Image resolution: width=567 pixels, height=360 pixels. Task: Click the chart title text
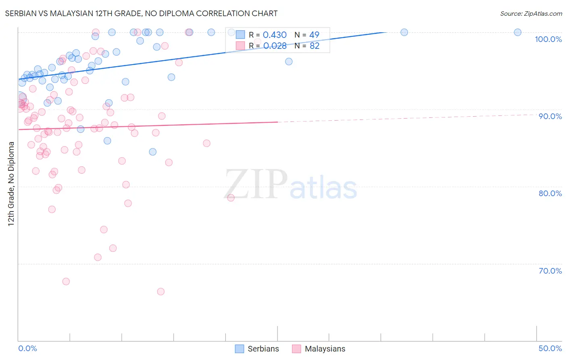[x=141, y=13]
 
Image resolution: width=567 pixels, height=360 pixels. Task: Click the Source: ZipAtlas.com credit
[x=531, y=13]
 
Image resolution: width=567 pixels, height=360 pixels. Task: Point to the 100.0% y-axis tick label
[x=548, y=39]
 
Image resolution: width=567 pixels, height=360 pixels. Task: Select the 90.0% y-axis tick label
[x=550, y=116]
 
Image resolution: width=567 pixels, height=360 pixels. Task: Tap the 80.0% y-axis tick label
[x=550, y=193]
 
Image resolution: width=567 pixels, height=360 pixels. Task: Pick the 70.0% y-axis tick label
[x=550, y=271]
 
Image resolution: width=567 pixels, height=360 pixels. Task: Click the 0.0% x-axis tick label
[x=27, y=348]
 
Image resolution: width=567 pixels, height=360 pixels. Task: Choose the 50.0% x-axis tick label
[x=550, y=348]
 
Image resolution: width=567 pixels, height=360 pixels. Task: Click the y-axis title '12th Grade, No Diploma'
[x=11, y=184]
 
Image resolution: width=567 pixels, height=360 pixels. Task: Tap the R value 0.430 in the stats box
[x=275, y=35]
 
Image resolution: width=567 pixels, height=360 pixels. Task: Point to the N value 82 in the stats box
[x=315, y=46]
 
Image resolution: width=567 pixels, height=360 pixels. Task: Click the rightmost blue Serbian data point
[x=517, y=32]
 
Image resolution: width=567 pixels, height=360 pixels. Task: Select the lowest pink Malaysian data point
[x=161, y=291]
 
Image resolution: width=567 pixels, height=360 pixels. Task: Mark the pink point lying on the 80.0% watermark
[x=231, y=198]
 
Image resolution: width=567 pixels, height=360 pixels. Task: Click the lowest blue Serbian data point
[x=152, y=152]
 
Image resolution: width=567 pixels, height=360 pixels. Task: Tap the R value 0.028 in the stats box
[x=275, y=46]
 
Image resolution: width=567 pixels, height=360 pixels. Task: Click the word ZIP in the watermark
[x=256, y=184]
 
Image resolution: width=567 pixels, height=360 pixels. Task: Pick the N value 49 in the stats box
[x=314, y=35]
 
